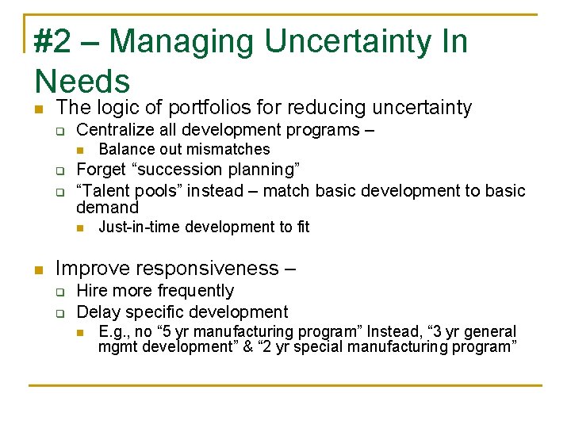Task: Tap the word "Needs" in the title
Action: point(82,82)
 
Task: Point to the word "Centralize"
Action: point(116,130)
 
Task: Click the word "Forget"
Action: point(101,170)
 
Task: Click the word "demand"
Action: point(107,208)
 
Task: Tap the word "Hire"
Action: point(92,291)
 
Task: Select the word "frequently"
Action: point(196,291)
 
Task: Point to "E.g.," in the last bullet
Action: point(115,331)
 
